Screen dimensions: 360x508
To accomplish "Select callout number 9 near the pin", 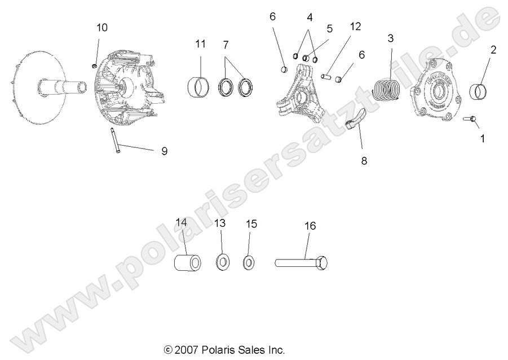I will pyautogui.click(x=164, y=151).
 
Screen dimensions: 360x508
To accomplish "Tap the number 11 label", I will pyautogui.click(x=201, y=44).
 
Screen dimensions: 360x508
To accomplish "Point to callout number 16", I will pyautogui.click(x=310, y=226).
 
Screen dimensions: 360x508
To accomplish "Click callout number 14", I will pyautogui.click(x=180, y=222).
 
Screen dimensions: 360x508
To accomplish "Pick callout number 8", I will pyautogui.click(x=364, y=161).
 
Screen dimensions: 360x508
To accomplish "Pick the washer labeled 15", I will pyautogui.click(x=249, y=263).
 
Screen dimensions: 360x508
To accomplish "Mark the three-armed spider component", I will pyautogui.click(x=304, y=96).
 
